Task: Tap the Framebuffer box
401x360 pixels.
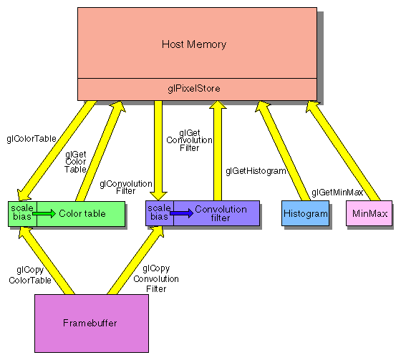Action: click(92, 323)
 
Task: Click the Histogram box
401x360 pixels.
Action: click(305, 214)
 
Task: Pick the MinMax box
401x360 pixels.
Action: click(369, 214)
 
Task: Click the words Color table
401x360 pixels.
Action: click(82, 213)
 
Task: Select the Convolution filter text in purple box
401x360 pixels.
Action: click(221, 213)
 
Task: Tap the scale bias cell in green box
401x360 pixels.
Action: click(21, 213)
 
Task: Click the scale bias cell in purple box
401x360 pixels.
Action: click(158, 213)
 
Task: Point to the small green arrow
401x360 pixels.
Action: click(44, 213)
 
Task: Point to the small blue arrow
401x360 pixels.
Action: click(181, 213)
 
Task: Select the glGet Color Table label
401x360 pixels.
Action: click(77, 162)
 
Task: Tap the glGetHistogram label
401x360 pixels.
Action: click(256, 171)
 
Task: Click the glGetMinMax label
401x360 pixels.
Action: click(337, 193)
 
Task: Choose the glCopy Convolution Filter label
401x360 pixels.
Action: click(156, 279)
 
